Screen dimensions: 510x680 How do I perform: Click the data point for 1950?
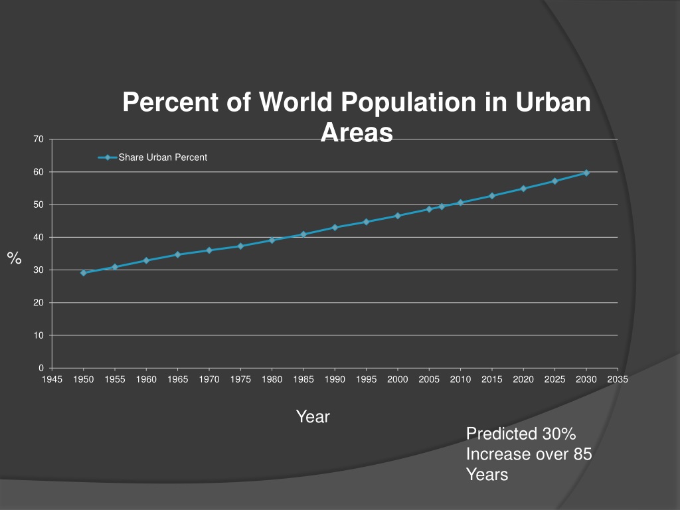pyautogui.click(x=84, y=273)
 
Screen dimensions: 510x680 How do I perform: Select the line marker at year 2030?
pyautogui.click(x=586, y=173)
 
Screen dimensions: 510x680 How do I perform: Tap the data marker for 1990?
pyautogui.click(x=335, y=227)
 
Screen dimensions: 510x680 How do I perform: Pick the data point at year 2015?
pyautogui.click(x=492, y=196)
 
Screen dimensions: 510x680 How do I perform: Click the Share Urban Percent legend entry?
pyautogui.click(x=162, y=157)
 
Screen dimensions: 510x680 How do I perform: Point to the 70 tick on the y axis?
pyautogui.click(x=39, y=139)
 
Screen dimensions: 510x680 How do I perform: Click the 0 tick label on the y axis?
pyautogui.click(x=41, y=368)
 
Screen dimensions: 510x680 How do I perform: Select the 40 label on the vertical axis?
pyautogui.click(x=39, y=237)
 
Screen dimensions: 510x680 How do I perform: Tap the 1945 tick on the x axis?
pyautogui.click(x=52, y=380)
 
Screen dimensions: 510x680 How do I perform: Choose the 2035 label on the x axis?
pyautogui.click(x=618, y=380)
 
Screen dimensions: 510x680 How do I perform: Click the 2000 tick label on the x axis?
pyautogui.click(x=398, y=380)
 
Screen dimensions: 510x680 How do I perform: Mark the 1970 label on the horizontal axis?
pyautogui.click(x=209, y=380)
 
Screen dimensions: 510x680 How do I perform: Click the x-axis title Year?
pyautogui.click(x=313, y=417)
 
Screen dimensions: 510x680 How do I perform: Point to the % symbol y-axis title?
pyautogui.click(x=14, y=258)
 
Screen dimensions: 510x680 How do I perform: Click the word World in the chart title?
pyautogui.click(x=296, y=102)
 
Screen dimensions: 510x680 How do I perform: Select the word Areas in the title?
pyautogui.click(x=357, y=133)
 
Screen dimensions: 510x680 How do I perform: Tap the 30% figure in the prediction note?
pyautogui.click(x=558, y=434)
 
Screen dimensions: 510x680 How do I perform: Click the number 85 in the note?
pyautogui.click(x=582, y=455)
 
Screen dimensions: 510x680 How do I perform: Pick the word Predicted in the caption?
pyautogui.click(x=501, y=434)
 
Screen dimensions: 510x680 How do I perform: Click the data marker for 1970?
pyautogui.click(x=209, y=250)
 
